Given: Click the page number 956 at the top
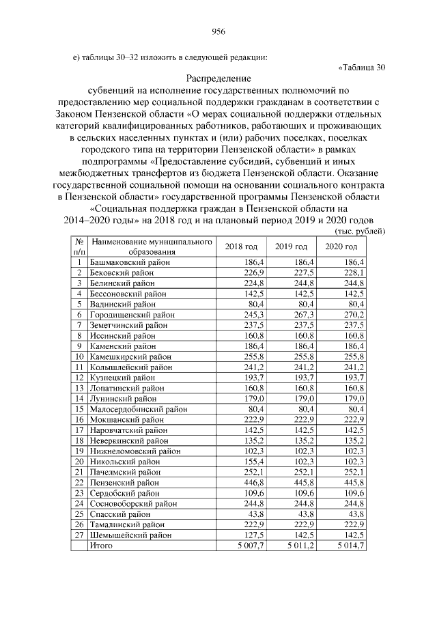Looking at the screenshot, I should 218,31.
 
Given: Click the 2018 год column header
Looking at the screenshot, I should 241,246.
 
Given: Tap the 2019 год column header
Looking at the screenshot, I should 291,246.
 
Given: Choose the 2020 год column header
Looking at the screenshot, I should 341,246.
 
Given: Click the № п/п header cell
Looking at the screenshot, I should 80,247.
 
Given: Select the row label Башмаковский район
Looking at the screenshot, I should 130,262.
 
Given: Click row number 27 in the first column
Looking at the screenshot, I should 80,536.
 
